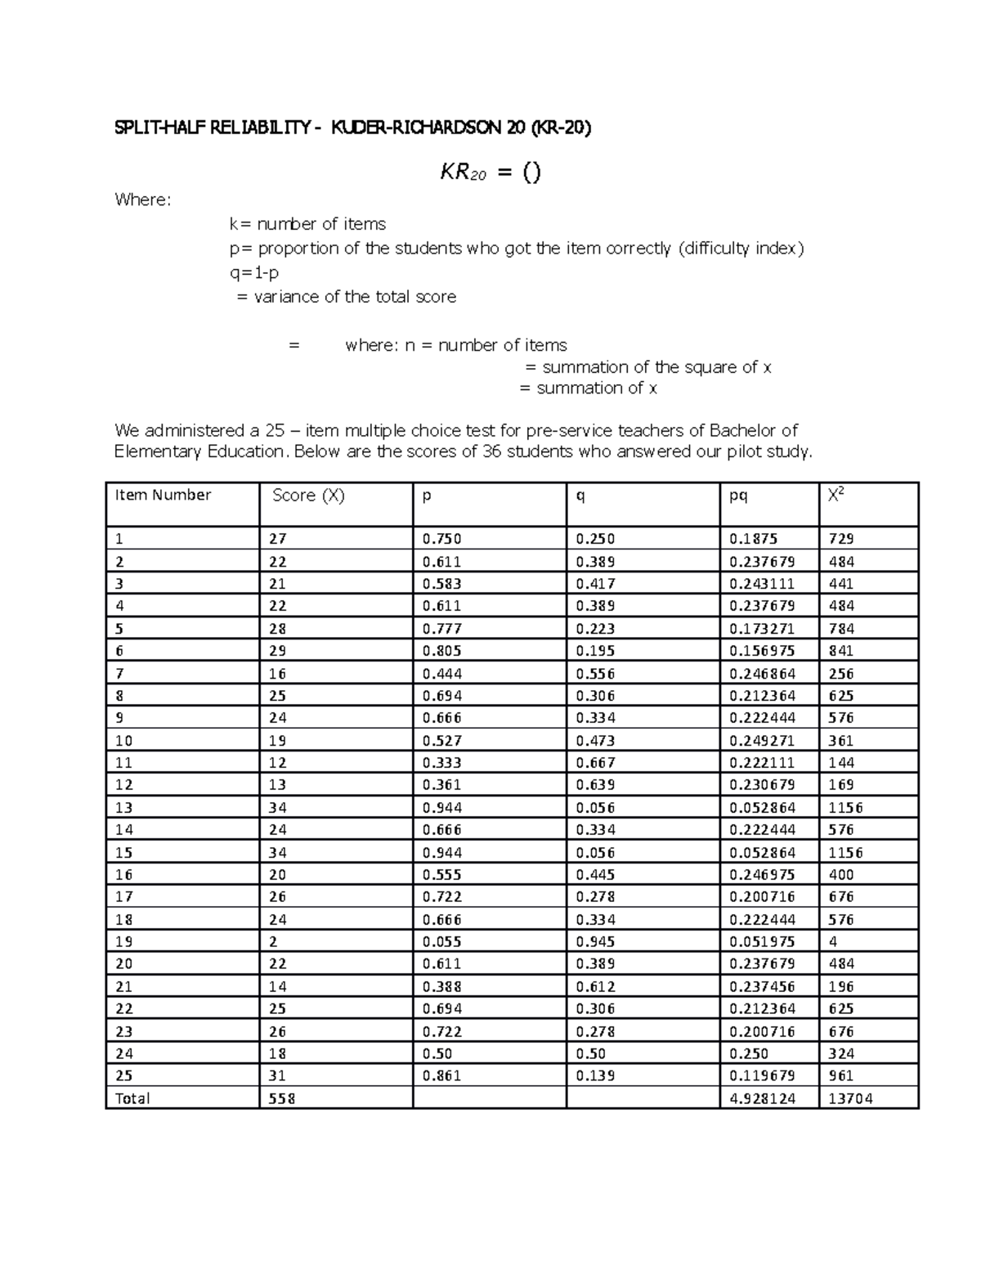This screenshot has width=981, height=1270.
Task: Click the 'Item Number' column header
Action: coord(163,495)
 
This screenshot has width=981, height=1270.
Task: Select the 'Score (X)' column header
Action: coord(308,495)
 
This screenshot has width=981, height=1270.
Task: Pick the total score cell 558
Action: coord(282,1098)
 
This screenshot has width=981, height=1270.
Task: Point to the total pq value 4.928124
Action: coord(762,1098)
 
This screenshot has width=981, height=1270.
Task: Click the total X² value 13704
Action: coord(850,1098)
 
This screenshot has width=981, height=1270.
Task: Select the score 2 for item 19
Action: coord(273,941)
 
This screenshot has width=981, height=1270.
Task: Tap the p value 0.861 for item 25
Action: coord(441,1075)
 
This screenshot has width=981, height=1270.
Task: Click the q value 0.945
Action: coord(595,941)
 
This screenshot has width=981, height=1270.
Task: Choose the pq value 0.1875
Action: coord(753,539)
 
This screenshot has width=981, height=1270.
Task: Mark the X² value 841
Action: coord(841,651)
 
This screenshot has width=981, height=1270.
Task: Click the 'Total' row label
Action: coord(132,1098)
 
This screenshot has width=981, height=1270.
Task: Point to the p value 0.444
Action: coord(441,673)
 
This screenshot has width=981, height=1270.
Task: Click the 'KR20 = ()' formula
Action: coord(490,173)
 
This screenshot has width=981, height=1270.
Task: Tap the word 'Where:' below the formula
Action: coord(143,200)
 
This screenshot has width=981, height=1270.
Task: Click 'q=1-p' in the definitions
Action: coord(253,272)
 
